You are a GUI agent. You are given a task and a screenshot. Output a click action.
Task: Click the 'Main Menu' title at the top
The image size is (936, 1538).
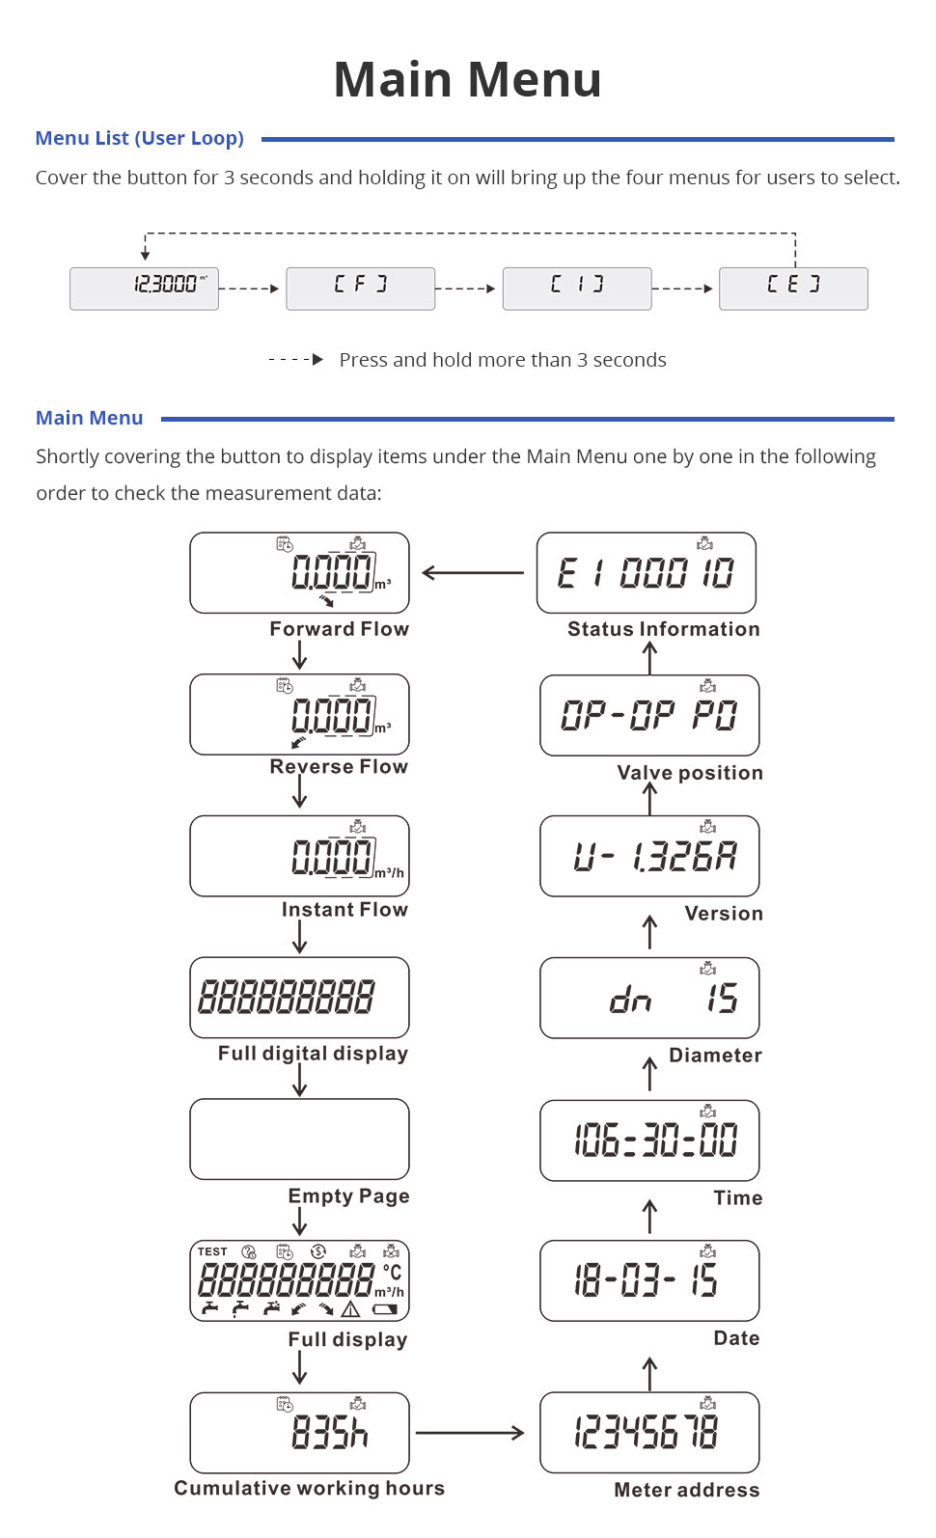coord(468,79)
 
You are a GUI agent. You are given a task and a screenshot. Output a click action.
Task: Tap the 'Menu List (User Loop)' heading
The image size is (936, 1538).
coord(139,138)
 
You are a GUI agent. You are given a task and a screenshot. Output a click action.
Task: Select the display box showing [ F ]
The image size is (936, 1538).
coord(360,288)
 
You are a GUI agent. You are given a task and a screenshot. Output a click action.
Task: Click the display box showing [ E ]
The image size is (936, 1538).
coord(793,288)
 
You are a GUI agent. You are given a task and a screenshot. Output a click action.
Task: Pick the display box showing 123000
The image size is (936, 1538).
coord(144,288)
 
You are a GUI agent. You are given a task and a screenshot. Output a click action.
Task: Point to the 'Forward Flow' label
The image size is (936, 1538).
coord(339,629)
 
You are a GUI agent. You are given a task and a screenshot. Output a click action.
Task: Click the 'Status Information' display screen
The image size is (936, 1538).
coord(646,573)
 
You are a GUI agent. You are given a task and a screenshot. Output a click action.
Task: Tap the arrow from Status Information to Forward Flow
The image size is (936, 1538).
coord(473,573)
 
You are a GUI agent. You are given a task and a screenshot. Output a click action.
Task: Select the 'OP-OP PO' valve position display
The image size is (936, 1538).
coord(649,715)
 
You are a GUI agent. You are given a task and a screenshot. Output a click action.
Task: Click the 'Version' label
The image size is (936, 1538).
coord(724,914)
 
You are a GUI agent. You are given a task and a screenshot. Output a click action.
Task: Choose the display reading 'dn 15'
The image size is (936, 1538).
coord(649,998)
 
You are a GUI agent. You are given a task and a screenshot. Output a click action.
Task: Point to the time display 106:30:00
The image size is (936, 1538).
coord(649,1140)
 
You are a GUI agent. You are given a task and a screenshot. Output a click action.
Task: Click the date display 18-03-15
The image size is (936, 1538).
coord(649,1280)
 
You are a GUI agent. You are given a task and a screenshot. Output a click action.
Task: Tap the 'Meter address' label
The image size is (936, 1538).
coord(686,1490)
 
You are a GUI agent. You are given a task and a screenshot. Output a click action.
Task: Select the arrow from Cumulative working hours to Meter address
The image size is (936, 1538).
coord(470,1433)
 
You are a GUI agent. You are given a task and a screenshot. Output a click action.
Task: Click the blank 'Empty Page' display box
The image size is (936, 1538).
coord(299,1140)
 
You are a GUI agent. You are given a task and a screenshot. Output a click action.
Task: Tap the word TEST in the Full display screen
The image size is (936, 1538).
coord(212,1252)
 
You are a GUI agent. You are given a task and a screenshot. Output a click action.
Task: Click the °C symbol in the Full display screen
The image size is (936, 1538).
coord(392,1273)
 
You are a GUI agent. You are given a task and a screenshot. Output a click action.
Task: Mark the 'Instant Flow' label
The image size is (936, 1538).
coord(344,910)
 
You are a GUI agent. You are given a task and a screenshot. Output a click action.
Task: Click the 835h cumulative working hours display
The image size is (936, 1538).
coord(299,1433)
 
